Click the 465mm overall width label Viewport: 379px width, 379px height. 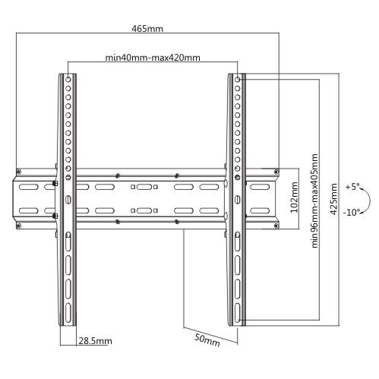click(x=146, y=29)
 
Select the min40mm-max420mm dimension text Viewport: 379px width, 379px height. click(x=153, y=58)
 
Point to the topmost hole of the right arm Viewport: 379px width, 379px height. click(x=237, y=79)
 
